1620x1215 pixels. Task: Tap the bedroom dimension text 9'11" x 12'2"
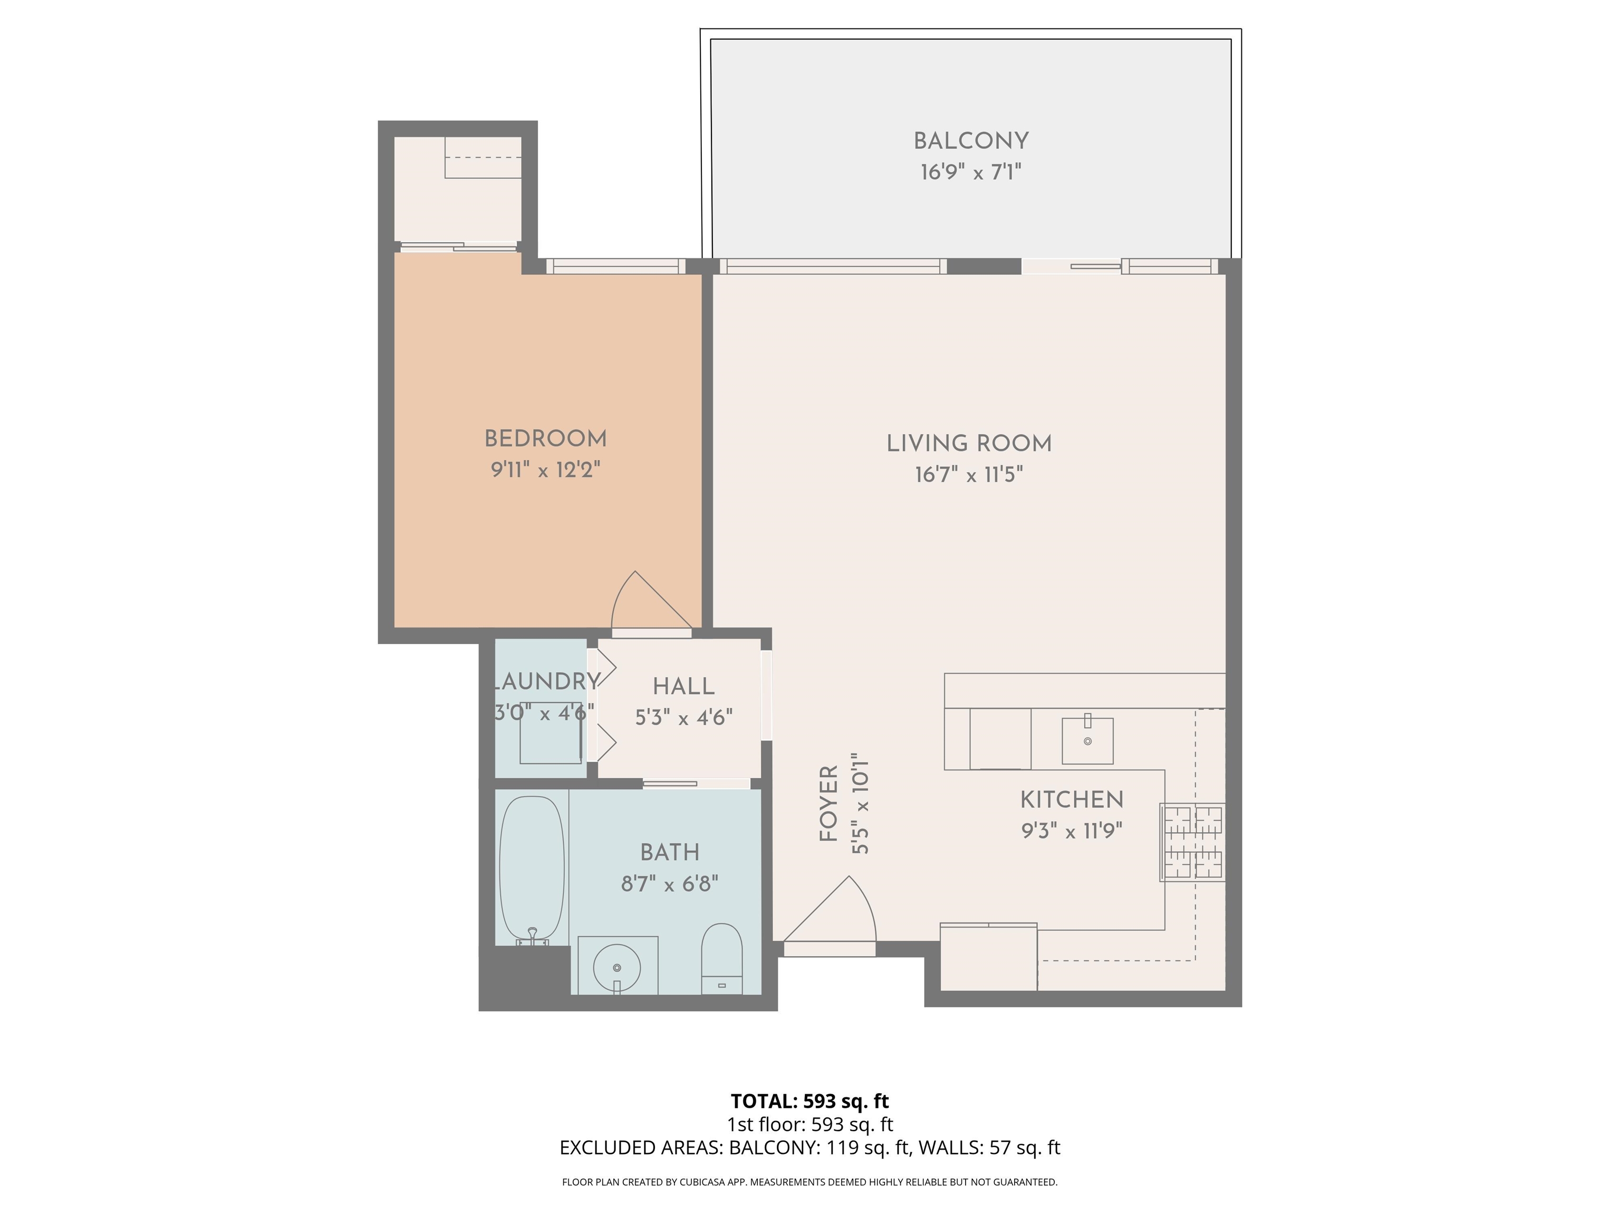click(546, 469)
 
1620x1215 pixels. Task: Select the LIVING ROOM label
click(968, 443)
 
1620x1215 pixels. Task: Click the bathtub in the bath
click(532, 868)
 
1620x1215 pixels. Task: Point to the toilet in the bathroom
click(721, 959)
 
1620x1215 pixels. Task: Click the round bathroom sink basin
click(616, 968)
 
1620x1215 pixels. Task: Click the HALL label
click(683, 686)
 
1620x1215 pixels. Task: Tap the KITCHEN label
click(1072, 799)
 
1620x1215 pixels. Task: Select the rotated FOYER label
click(828, 804)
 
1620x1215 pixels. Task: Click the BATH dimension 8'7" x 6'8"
click(669, 884)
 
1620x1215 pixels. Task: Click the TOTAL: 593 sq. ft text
click(809, 1101)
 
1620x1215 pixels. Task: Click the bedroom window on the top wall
click(615, 267)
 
